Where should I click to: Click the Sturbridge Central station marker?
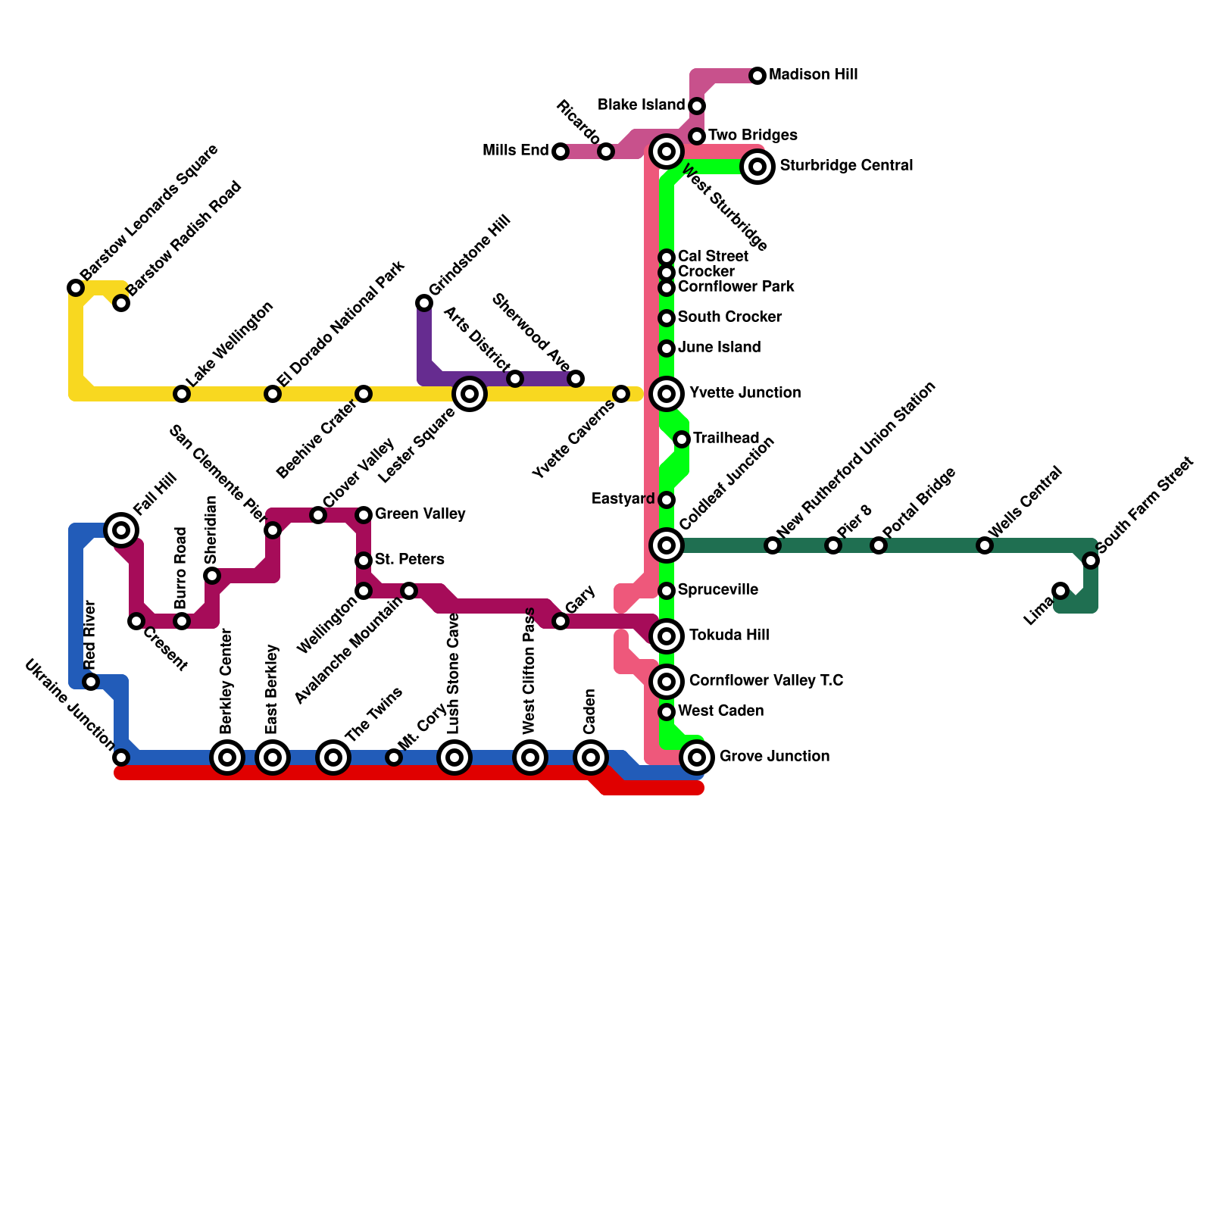point(757,166)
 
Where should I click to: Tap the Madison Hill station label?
point(813,75)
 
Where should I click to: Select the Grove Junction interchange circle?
point(697,756)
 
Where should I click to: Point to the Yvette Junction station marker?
point(667,393)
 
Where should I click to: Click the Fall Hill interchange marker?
point(121,529)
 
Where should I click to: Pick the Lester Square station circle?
point(470,393)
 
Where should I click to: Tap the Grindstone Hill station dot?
point(424,303)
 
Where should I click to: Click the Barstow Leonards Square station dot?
point(76,288)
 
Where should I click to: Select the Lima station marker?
point(1060,591)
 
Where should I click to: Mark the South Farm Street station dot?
point(1091,561)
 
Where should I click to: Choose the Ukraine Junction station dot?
point(121,757)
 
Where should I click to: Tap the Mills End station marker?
point(561,151)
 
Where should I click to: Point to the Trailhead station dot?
point(682,439)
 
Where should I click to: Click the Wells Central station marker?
point(985,545)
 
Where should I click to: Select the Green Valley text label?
point(420,514)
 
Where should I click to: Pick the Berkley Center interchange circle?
point(227,757)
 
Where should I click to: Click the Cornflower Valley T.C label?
point(766,681)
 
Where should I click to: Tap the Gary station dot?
point(561,621)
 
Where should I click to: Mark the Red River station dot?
point(91,682)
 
